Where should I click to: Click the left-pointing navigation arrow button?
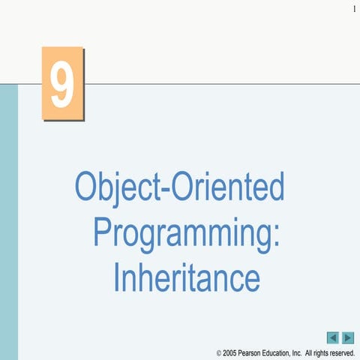[333, 337]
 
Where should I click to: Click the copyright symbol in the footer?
[218, 352]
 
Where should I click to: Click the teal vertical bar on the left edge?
[8, 225]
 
